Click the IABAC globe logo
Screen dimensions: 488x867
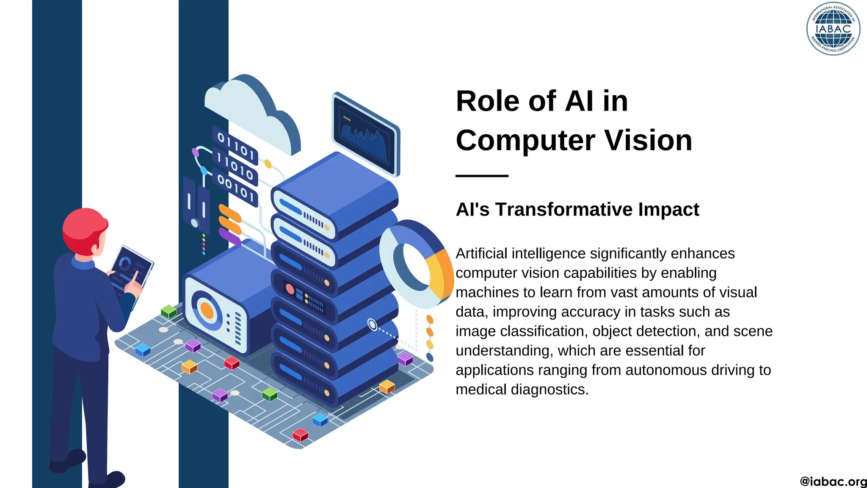(833, 29)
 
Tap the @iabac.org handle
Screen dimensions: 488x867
(833, 482)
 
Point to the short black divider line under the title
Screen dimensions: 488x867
(482, 175)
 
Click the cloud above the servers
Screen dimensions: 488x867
(250, 110)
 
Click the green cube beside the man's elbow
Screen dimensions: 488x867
(168, 311)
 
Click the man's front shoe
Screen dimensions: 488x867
(111, 480)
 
